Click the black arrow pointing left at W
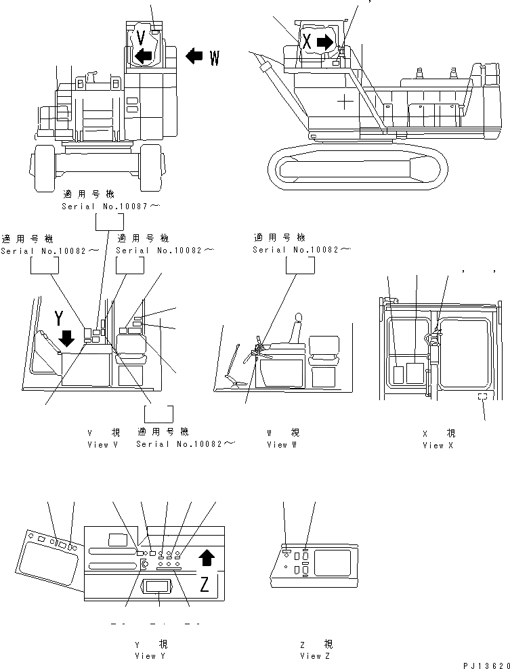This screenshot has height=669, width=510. coord(194,56)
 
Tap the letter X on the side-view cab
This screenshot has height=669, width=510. coord(307,42)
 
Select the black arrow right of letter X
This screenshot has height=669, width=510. coord(325,42)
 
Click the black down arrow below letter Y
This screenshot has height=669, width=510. coord(66,337)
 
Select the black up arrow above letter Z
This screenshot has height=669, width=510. coord(207,558)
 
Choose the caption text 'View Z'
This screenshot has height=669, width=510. coord(316,655)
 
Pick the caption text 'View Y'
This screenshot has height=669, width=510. coord(145,655)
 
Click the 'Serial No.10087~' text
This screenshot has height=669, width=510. coord(111,205)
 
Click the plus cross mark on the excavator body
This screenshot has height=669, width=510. coord(345,102)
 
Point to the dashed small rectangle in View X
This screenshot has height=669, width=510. coord(482,397)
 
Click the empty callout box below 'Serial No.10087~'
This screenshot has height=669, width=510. coord(109,223)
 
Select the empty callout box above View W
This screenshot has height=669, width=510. coord(300,266)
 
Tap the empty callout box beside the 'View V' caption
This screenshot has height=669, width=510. coord(160,413)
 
